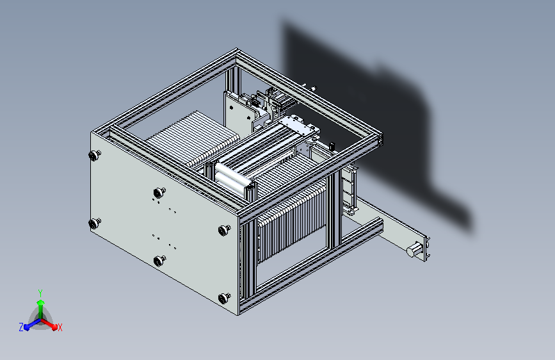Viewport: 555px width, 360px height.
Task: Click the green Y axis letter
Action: pyautogui.click(x=40, y=291)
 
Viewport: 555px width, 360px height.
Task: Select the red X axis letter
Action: pyautogui.click(x=60, y=327)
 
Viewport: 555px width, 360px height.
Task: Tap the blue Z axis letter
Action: pyautogui.click(x=21, y=327)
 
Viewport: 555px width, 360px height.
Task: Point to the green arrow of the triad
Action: pyautogui.click(x=40, y=304)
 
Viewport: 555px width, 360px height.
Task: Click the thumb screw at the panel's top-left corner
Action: pyautogui.click(x=95, y=155)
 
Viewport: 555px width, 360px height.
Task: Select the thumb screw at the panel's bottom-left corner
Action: pyautogui.click(x=95, y=223)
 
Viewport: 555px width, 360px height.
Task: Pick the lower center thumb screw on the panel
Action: pyautogui.click(x=159, y=260)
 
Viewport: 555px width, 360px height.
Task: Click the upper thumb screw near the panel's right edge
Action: pyautogui.click(x=223, y=230)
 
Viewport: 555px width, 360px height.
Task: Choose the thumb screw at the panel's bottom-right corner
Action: pyautogui.click(x=224, y=297)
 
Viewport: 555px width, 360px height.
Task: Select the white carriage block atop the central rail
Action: pyautogui.click(x=296, y=124)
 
